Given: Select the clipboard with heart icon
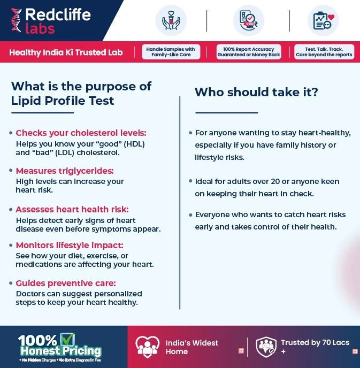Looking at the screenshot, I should click(x=323, y=20).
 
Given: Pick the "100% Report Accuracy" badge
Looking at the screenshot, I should click(x=249, y=52).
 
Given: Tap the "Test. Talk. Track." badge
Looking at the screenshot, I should click(x=324, y=52).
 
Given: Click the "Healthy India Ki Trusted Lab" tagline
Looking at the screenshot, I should click(x=66, y=52).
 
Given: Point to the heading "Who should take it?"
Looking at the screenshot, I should click(x=256, y=92).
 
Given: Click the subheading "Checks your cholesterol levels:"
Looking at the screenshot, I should click(x=81, y=133).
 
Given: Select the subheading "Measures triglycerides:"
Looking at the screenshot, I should click(x=65, y=171).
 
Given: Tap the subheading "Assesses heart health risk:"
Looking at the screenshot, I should click(x=72, y=209).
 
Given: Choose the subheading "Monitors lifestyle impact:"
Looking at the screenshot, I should click(x=70, y=245).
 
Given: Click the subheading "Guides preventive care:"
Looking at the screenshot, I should click(x=66, y=283).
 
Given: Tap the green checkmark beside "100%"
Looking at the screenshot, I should click(x=67, y=339).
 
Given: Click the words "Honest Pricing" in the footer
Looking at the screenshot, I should click(x=60, y=351).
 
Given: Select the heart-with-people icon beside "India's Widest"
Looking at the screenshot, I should click(x=148, y=347).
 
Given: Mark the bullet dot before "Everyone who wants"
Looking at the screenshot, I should click(x=190, y=215).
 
